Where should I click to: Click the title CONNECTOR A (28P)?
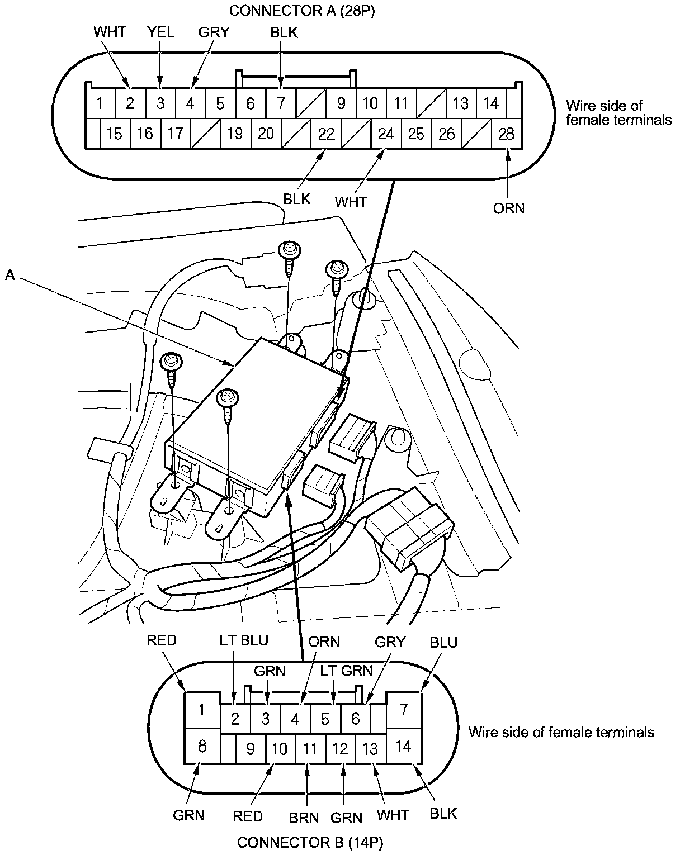tap(301, 11)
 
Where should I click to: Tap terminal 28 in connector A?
tap(507, 134)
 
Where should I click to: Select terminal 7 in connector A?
tap(281, 103)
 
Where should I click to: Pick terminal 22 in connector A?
tap(326, 134)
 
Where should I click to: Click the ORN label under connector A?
tap(509, 208)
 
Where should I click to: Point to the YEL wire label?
tap(160, 32)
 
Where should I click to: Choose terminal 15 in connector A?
tap(114, 134)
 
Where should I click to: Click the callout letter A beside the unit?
tap(10, 274)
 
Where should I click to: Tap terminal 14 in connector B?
tap(403, 746)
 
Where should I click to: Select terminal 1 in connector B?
tap(202, 710)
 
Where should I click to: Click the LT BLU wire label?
tap(243, 640)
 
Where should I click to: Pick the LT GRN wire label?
tap(346, 670)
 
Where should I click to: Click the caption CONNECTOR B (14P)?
tap(311, 842)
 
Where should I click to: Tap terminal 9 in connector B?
tap(250, 748)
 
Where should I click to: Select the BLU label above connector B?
tap(443, 643)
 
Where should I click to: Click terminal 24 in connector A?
tap(386, 134)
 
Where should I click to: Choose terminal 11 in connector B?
tap(310, 748)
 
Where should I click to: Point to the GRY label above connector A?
tap(214, 32)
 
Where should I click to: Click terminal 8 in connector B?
tap(202, 746)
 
